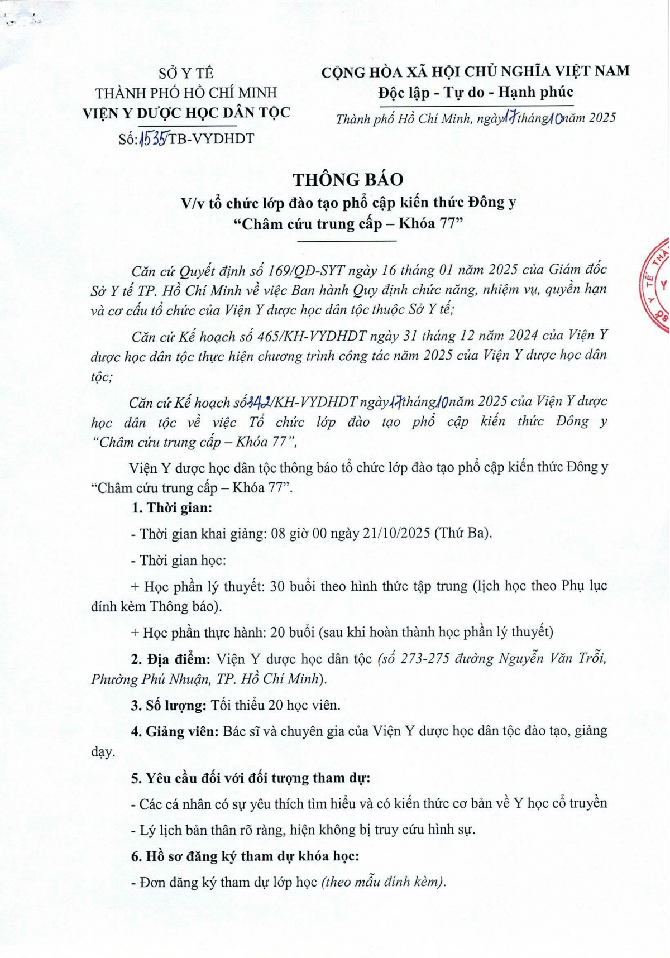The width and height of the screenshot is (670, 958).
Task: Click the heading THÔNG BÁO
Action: [x=348, y=180]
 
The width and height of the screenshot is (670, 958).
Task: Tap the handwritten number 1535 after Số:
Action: [x=152, y=138]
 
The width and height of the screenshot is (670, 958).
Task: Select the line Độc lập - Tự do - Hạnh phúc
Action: [x=475, y=92]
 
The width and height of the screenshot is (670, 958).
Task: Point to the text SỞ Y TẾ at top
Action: [x=186, y=73]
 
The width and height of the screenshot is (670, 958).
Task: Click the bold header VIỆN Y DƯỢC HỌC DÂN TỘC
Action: [x=186, y=113]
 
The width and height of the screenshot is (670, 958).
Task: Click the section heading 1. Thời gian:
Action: [x=171, y=508]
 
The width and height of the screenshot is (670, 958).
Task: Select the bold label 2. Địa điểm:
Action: [x=170, y=659]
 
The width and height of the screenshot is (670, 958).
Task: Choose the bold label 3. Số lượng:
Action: [x=169, y=705]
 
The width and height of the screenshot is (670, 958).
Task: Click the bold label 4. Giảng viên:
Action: [x=174, y=731]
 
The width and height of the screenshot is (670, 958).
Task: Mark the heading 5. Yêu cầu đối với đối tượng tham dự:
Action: [x=251, y=778]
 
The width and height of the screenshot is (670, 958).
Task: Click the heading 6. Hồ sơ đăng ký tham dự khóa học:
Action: [x=245, y=856]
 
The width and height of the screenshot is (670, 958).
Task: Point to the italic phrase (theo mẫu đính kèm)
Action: [x=384, y=882]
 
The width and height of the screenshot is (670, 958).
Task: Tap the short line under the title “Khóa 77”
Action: [x=347, y=241]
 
